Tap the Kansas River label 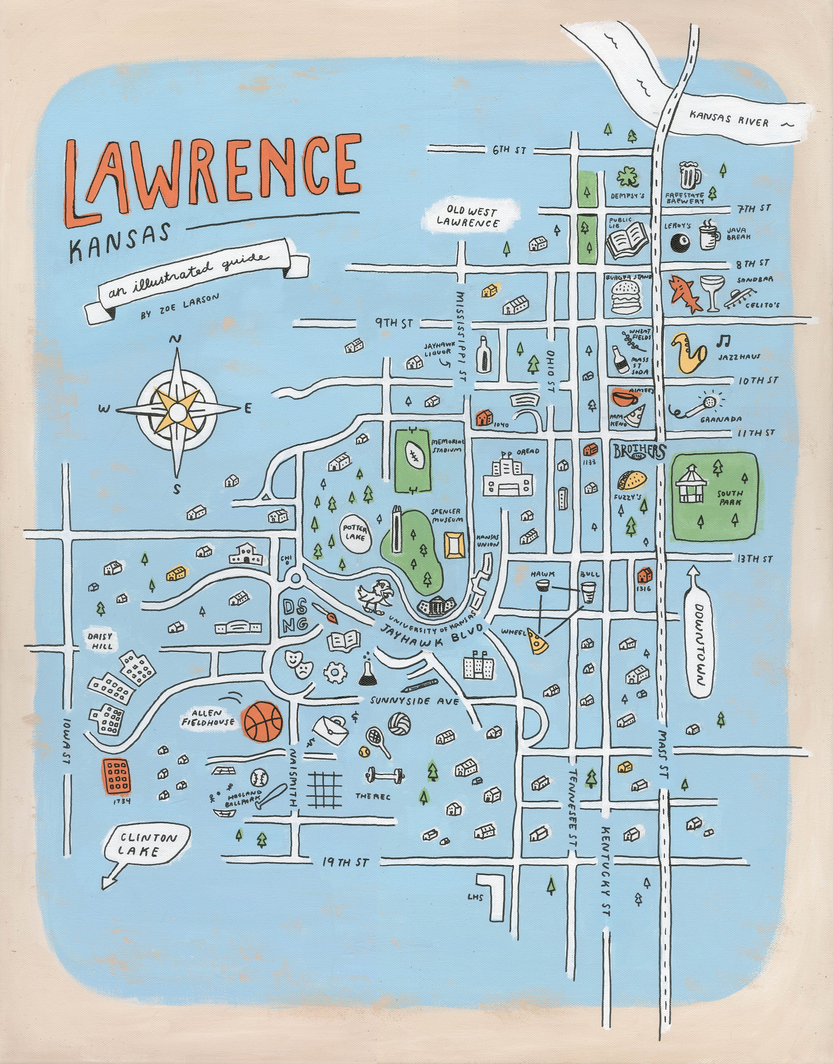pyautogui.click(x=729, y=118)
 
